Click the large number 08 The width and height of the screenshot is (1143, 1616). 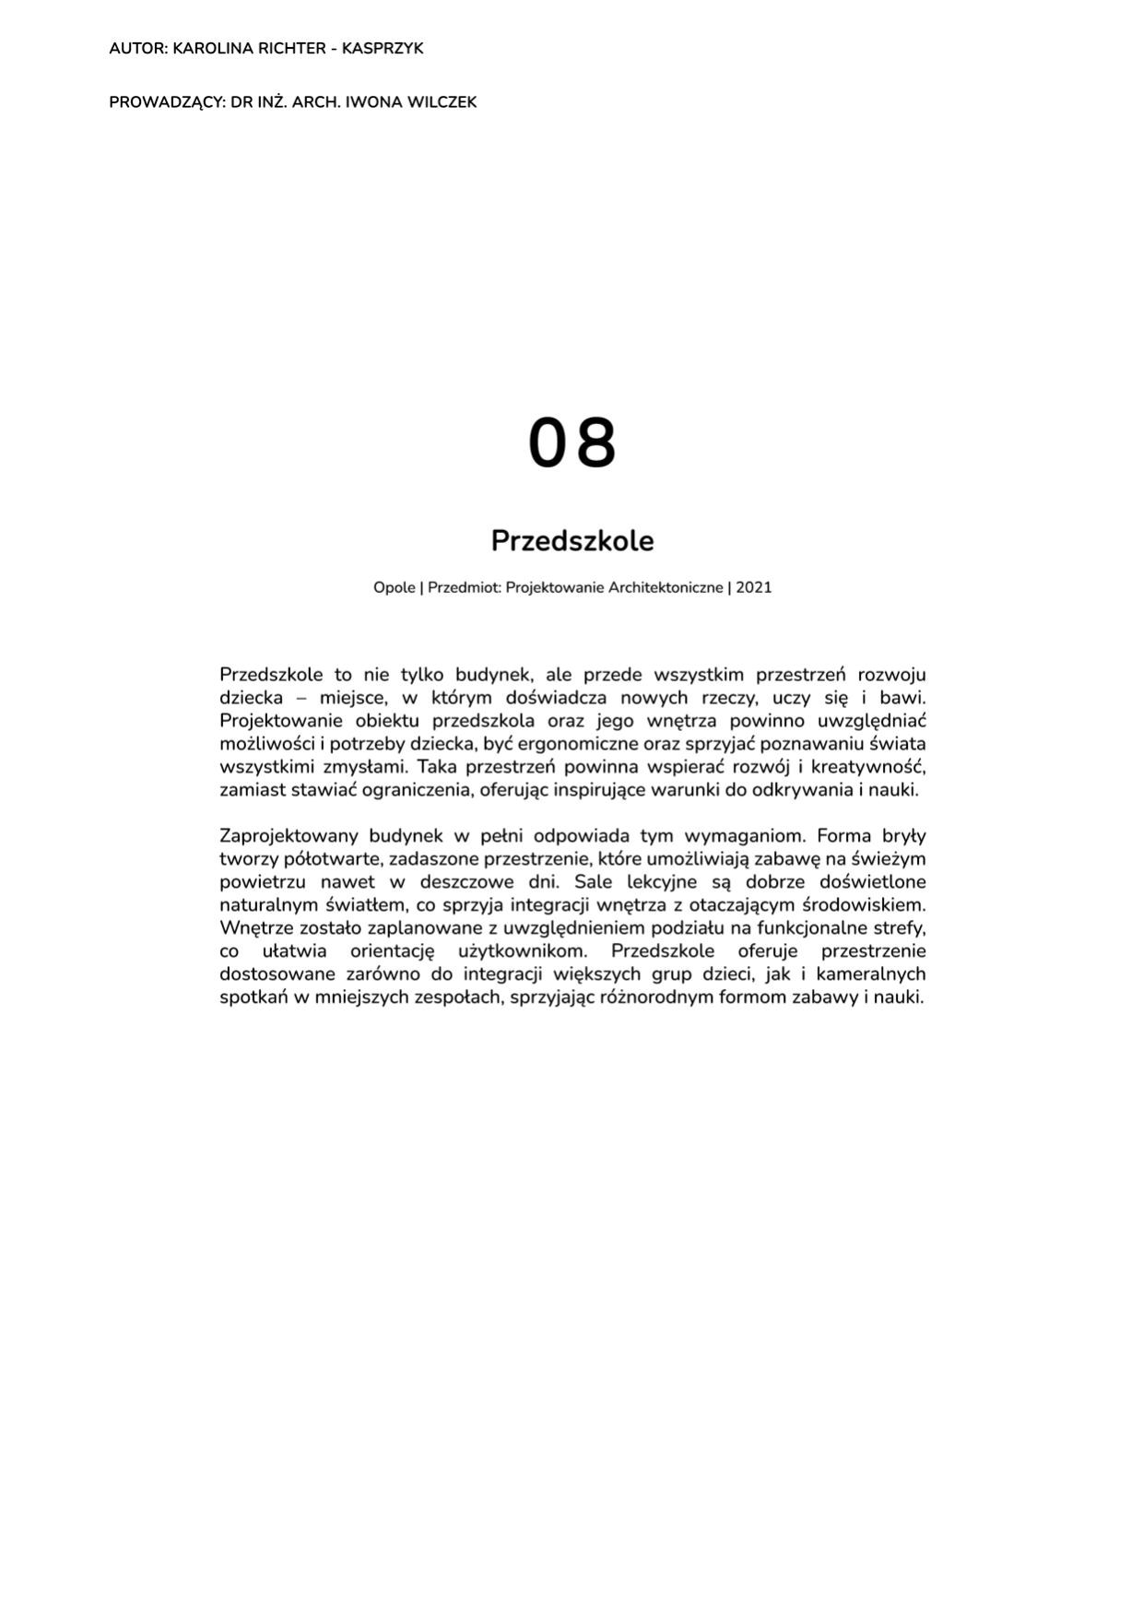[571, 443]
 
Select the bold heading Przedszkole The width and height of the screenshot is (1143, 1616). [571, 540]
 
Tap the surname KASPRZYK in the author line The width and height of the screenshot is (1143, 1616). [383, 49]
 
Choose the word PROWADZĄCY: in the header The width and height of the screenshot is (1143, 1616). [167, 102]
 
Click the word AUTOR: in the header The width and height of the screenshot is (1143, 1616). [138, 49]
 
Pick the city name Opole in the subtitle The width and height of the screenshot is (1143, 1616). [394, 587]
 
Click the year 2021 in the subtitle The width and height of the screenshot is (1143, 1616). [753, 587]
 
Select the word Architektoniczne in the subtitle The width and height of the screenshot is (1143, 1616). [666, 587]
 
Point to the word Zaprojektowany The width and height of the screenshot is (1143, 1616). [289, 836]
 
